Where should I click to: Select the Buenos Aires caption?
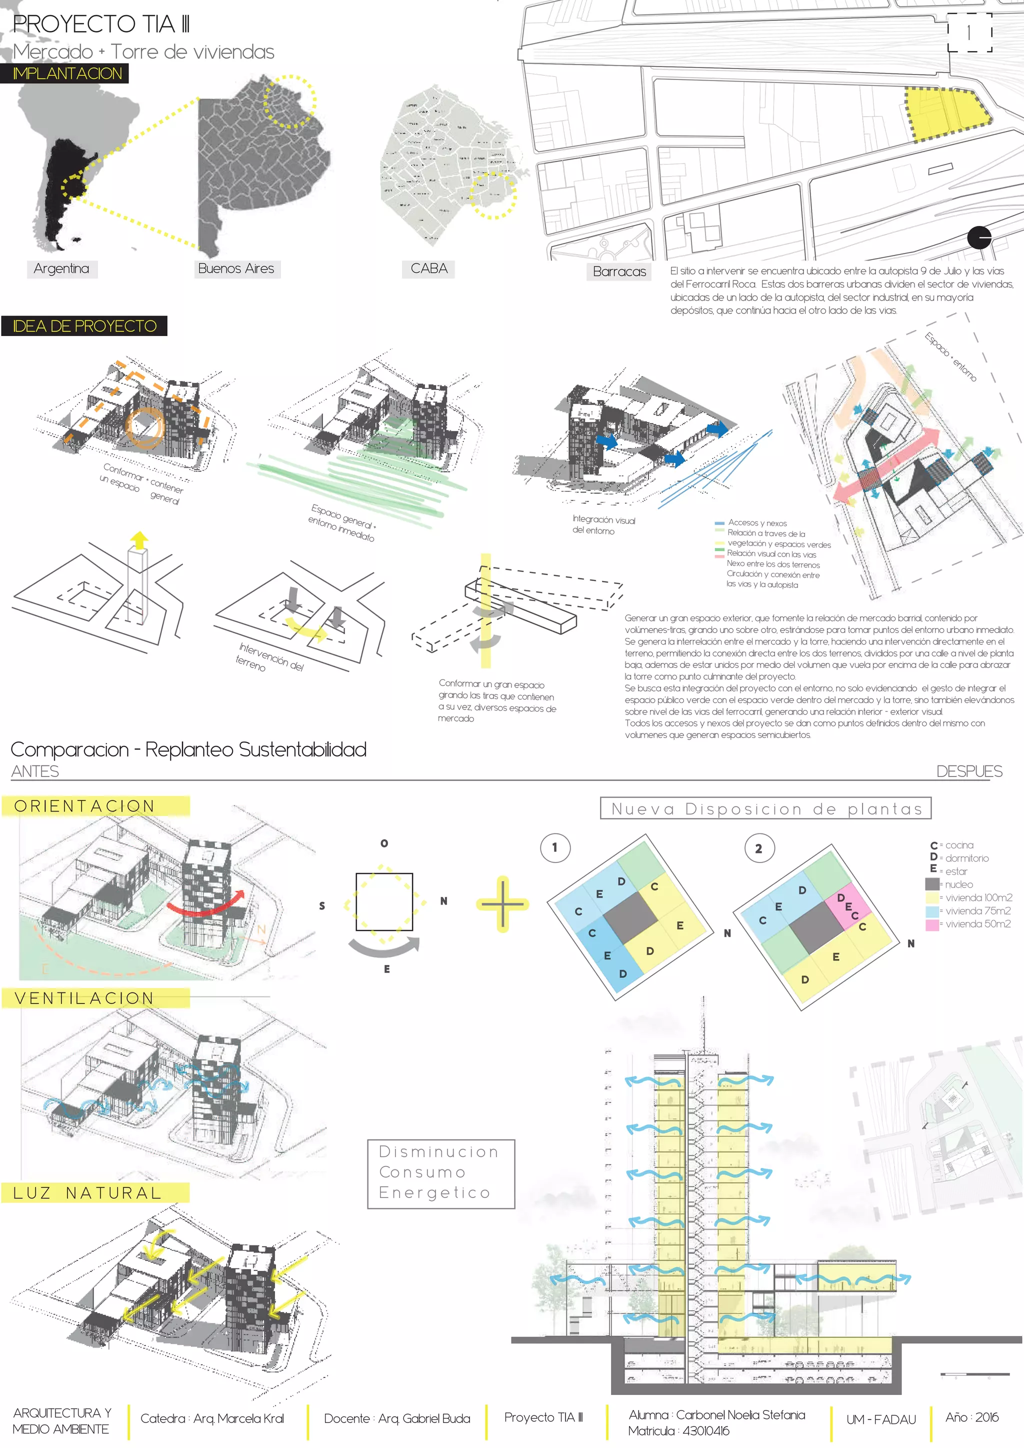[x=236, y=268]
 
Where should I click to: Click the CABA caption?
[x=429, y=268]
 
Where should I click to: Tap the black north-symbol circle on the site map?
[x=978, y=238]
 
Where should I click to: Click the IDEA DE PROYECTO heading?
[x=84, y=326]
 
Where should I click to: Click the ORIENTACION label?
[x=84, y=806]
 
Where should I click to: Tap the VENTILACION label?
[x=84, y=998]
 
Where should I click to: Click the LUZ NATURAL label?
[x=87, y=1192]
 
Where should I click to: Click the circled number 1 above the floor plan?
[x=555, y=847]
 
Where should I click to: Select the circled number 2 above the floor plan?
[x=758, y=849]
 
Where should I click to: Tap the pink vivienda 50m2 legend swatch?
[x=932, y=924]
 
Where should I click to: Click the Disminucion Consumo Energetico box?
[x=440, y=1173]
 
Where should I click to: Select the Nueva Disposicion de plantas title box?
[x=765, y=809]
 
